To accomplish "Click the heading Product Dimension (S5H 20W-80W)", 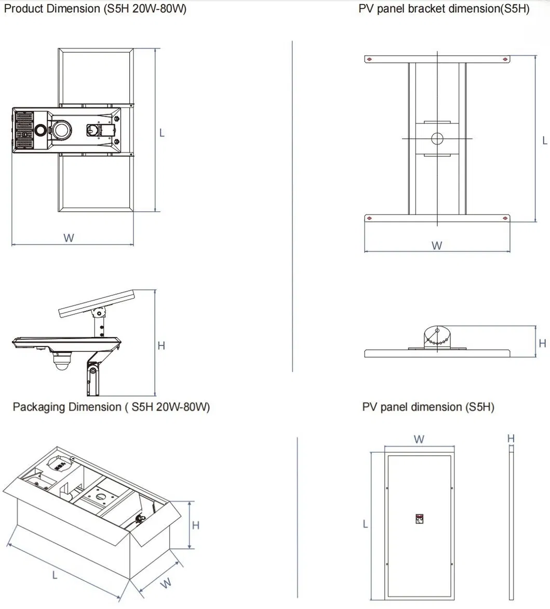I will (95, 9).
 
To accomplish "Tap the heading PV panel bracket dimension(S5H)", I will (444, 9).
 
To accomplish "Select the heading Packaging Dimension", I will (111, 407).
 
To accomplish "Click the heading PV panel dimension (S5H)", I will (428, 407).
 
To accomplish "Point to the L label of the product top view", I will (162, 133).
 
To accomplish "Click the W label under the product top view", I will (69, 238).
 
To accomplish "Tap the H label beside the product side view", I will (162, 345).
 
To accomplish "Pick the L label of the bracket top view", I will (544, 140).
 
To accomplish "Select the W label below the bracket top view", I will (437, 245).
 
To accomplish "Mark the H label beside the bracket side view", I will (543, 343).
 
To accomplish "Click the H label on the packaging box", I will (196, 525).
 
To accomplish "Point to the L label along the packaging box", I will (55, 574).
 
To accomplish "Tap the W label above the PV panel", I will (419, 439).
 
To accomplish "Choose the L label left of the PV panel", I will (365, 524).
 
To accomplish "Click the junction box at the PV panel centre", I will (420, 519).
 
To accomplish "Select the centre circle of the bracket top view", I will (437, 139).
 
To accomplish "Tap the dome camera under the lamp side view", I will (62, 361).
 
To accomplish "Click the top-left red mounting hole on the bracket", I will (369, 59).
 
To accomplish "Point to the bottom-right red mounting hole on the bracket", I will (505, 218).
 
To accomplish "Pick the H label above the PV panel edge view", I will (511, 439).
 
